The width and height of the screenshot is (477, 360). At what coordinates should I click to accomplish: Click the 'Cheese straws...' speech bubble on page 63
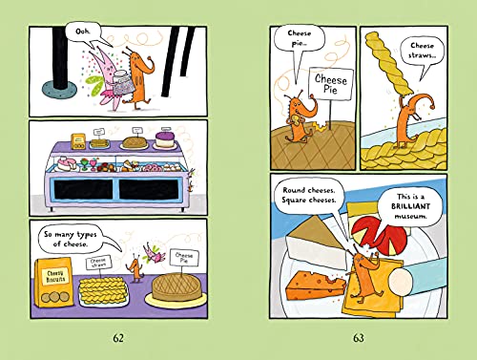423,52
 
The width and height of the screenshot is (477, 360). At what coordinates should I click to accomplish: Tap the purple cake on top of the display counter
166,141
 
